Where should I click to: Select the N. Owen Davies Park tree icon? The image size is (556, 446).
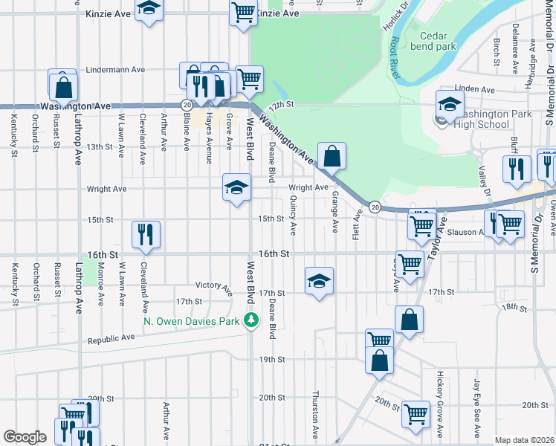(x=252, y=320)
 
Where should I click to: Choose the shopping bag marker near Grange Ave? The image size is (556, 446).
(x=332, y=156)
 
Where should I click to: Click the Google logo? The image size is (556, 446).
(x=25, y=437)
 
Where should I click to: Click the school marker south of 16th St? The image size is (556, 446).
(x=319, y=281)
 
